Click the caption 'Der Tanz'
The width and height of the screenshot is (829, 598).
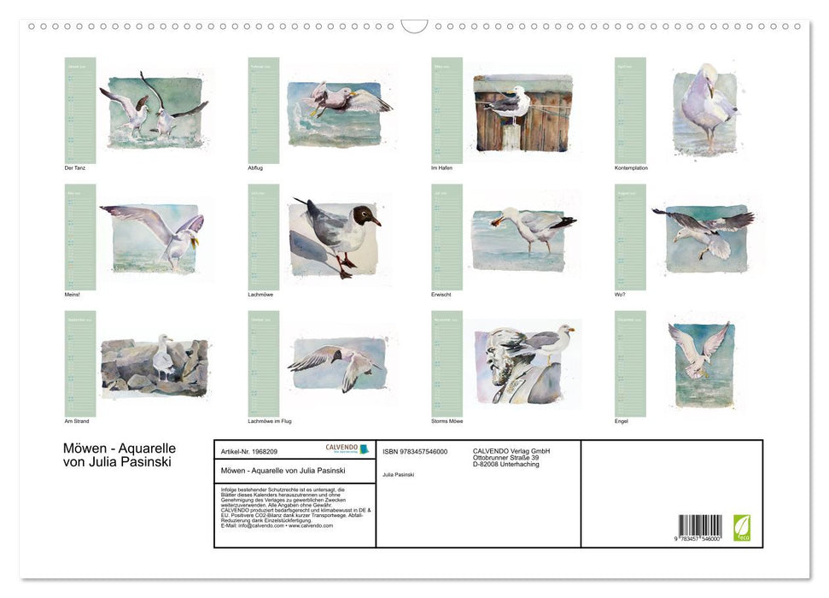click(75, 168)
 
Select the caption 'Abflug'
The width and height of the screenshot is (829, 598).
click(255, 168)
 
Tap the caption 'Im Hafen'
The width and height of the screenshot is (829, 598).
click(441, 168)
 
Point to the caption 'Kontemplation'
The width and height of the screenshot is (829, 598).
click(631, 168)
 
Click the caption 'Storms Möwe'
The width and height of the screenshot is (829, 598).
click(447, 421)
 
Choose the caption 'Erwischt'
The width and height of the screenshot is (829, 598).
click(441, 295)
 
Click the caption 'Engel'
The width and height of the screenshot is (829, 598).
click(622, 421)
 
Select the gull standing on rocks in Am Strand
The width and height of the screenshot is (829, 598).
click(162, 357)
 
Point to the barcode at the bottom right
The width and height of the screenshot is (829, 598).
click(700, 525)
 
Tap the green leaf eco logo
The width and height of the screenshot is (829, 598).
click(742, 526)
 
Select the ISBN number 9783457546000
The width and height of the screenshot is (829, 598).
click(415, 451)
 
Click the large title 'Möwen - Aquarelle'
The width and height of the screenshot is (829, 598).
click(120, 448)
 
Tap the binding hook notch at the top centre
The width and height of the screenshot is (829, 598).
click(414, 26)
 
